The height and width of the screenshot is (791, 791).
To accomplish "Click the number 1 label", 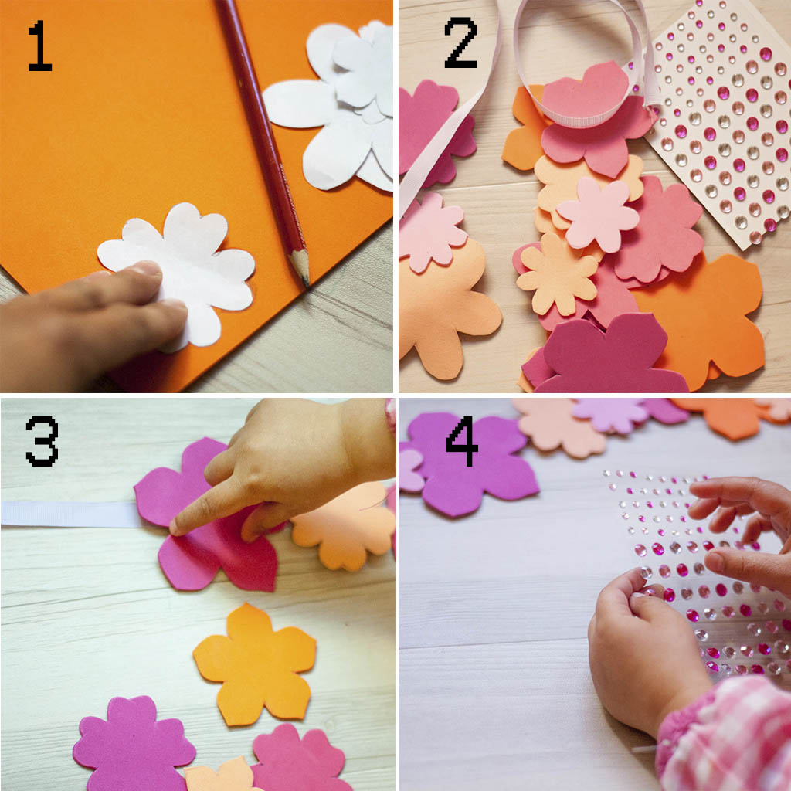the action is pyautogui.click(x=40, y=46).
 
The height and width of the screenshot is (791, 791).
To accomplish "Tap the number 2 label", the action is pyautogui.click(x=460, y=42).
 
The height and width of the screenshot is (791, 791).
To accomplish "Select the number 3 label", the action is pyautogui.click(x=42, y=440).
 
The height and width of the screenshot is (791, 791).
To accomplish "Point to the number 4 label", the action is pyautogui.click(x=462, y=440).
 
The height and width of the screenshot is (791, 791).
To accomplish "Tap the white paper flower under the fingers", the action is pyautogui.click(x=187, y=273).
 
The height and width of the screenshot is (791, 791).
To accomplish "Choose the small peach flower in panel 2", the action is pyautogui.click(x=557, y=275).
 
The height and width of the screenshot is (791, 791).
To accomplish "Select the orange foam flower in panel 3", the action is pyautogui.click(x=255, y=664).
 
